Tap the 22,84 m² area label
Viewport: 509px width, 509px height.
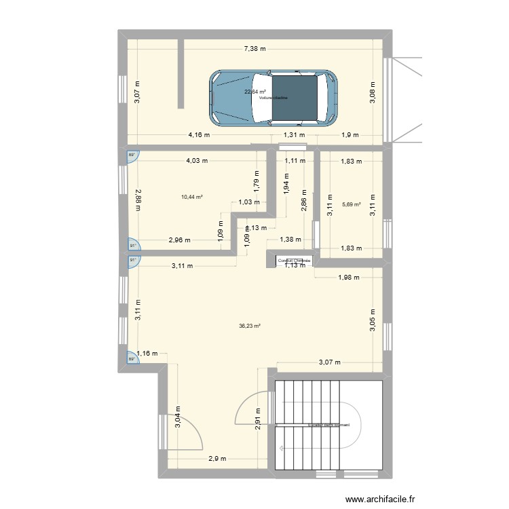tap(255, 92)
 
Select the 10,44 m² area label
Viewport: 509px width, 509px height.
tap(192, 197)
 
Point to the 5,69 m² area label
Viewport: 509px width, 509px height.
tap(352, 204)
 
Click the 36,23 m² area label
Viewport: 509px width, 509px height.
tap(250, 326)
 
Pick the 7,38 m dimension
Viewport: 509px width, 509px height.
tap(255, 48)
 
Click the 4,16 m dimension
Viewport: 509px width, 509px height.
tap(199, 134)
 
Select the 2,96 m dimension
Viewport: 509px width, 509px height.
tap(180, 240)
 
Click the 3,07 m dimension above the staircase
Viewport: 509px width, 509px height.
tap(331, 363)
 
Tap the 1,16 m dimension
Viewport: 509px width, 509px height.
tap(147, 353)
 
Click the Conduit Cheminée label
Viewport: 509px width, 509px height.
tap(293, 261)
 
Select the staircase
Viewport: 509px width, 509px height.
tap(328, 425)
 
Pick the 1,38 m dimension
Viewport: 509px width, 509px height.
tap(291, 240)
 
